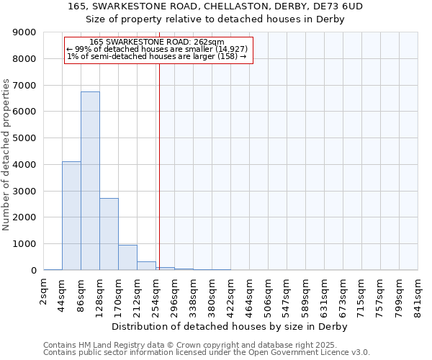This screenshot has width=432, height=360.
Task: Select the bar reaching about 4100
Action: pyautogui.click(x=71, y=216)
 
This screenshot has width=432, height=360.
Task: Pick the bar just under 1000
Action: pyautogui.click(x=127, y=257)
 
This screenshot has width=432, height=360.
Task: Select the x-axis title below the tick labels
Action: pyautogui.click(x=230, y=327)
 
